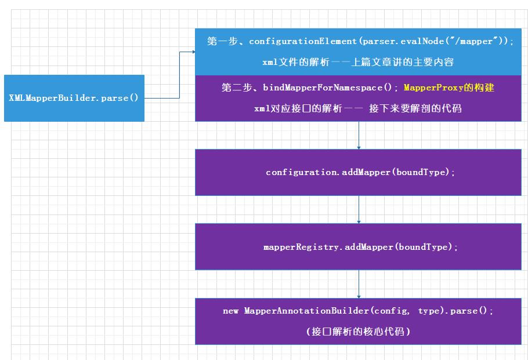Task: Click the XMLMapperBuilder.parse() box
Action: pyautogui.click(x=74, y=98)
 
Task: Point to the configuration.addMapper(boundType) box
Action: pyautogui.click(x=358, y=172)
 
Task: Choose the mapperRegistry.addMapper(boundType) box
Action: pyautogui.click(x=358, y=247)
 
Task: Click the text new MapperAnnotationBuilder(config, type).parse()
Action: pyautogui.click(x=358, y=311)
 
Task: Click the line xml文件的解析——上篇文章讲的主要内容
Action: pyautogui.click(x=358, y=62)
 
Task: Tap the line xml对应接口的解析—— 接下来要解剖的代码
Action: pyautogui.click(x=358, y=108)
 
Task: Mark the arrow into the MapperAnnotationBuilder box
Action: pyautogui.click(x=359, y=295)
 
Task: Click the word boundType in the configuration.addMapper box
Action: pyautogui.click(x=422, y=172)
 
